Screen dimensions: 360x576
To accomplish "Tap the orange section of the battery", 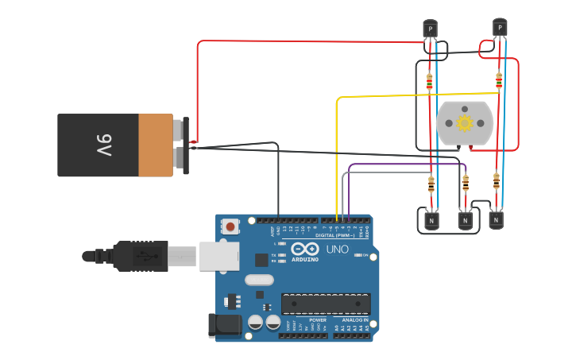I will pos(156,145).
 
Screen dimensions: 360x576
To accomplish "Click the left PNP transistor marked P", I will pos(430,29).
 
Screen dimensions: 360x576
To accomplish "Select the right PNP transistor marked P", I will pos(499,28).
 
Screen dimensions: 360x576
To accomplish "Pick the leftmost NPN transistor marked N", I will pos(431,219).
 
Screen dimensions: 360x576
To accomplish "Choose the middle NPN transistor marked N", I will pos(465,219).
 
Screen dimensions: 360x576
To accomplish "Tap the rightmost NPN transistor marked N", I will pos(496,219).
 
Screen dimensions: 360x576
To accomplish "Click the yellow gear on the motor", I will pos(464,122).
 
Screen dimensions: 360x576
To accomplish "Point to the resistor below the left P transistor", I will pos(430,81).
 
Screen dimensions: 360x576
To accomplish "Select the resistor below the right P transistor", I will pos(499,80).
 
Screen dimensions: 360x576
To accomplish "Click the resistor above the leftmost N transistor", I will pos(431,184).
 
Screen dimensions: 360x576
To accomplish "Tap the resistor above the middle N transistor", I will pos(466,184).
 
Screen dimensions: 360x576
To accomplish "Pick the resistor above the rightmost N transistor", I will pos(497,181).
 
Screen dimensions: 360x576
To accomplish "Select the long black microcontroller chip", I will pos(326,304).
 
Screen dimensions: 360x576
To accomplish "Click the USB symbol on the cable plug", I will pos(143,256).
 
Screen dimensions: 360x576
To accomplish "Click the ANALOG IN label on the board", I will pos(354,320).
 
